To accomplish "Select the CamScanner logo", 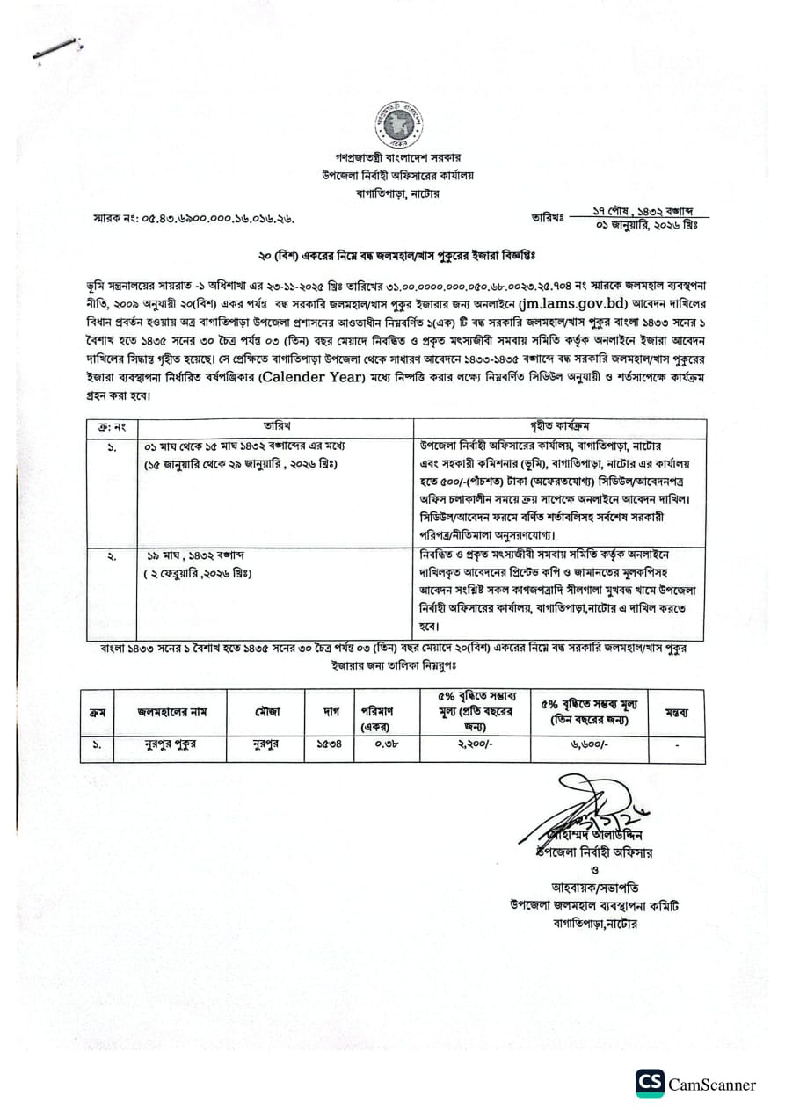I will point(650,1083).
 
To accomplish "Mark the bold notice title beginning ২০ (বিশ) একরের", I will point(396,253).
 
